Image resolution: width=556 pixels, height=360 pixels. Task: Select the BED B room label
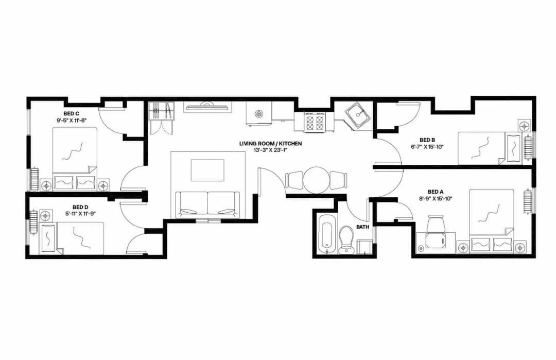tap(427, 140)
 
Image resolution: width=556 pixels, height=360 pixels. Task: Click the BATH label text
tap(362, 227)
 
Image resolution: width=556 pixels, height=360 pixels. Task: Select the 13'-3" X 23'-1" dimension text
tap(270, 150)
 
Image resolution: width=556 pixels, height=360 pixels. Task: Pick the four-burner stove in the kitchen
tap(312, 123)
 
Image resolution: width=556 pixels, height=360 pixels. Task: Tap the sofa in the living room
tap(207, 204)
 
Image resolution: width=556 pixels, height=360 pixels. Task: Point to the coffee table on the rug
tap(207, 170)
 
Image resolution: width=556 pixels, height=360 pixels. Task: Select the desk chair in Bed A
tap(436, 224)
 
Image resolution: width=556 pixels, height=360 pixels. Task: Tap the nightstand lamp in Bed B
tap(524, 126)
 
